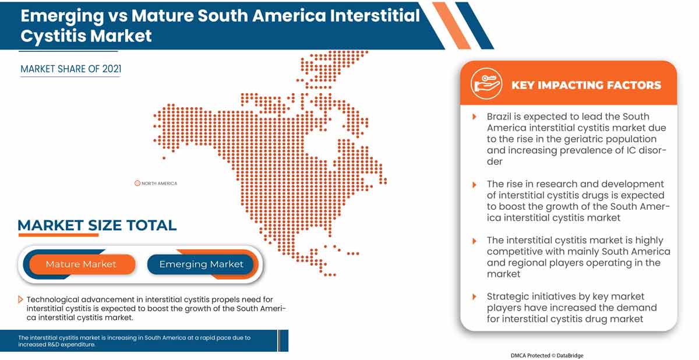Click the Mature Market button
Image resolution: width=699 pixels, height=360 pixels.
(81, 264)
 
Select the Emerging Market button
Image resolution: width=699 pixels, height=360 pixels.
(201, 264)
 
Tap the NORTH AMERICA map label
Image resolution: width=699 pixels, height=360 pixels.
(159, 183)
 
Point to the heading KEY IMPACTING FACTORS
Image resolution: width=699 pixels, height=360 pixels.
(586, 85)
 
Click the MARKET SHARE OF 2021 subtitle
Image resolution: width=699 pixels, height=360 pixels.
(70, 69)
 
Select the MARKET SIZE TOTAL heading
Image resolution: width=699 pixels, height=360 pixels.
(97, 225)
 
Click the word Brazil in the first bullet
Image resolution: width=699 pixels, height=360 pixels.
(500, 117)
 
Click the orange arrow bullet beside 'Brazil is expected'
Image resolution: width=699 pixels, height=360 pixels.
(474, 117)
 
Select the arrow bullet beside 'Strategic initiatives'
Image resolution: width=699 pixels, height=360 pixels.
(474, 297)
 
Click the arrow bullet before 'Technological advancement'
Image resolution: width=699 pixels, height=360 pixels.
(21, 299)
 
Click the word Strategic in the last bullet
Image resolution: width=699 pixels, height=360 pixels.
(507, 297)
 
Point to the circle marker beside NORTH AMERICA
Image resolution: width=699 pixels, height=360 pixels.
(137, 183)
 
